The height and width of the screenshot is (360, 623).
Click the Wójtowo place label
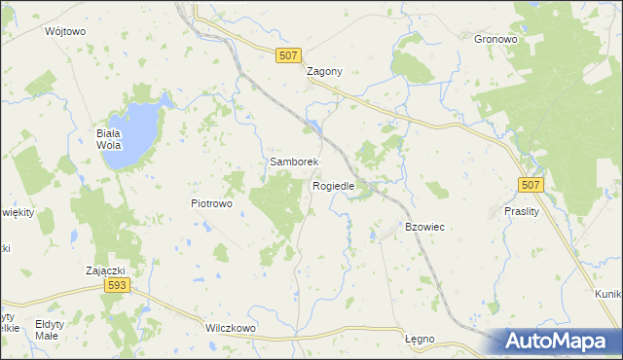(x=65, y=31)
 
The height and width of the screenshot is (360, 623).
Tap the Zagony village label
(x=324, y=72)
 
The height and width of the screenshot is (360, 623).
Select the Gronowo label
(x=494, y=40)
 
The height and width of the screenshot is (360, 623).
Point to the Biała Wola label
(x=108, y=140)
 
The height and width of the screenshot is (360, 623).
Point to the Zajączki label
(x=105, y=270)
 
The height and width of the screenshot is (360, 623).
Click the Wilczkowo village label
(x=231, y=329)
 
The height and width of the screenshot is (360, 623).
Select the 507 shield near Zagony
(x=287, y=57)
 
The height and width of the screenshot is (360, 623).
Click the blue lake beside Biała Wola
(x=137, y=132)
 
